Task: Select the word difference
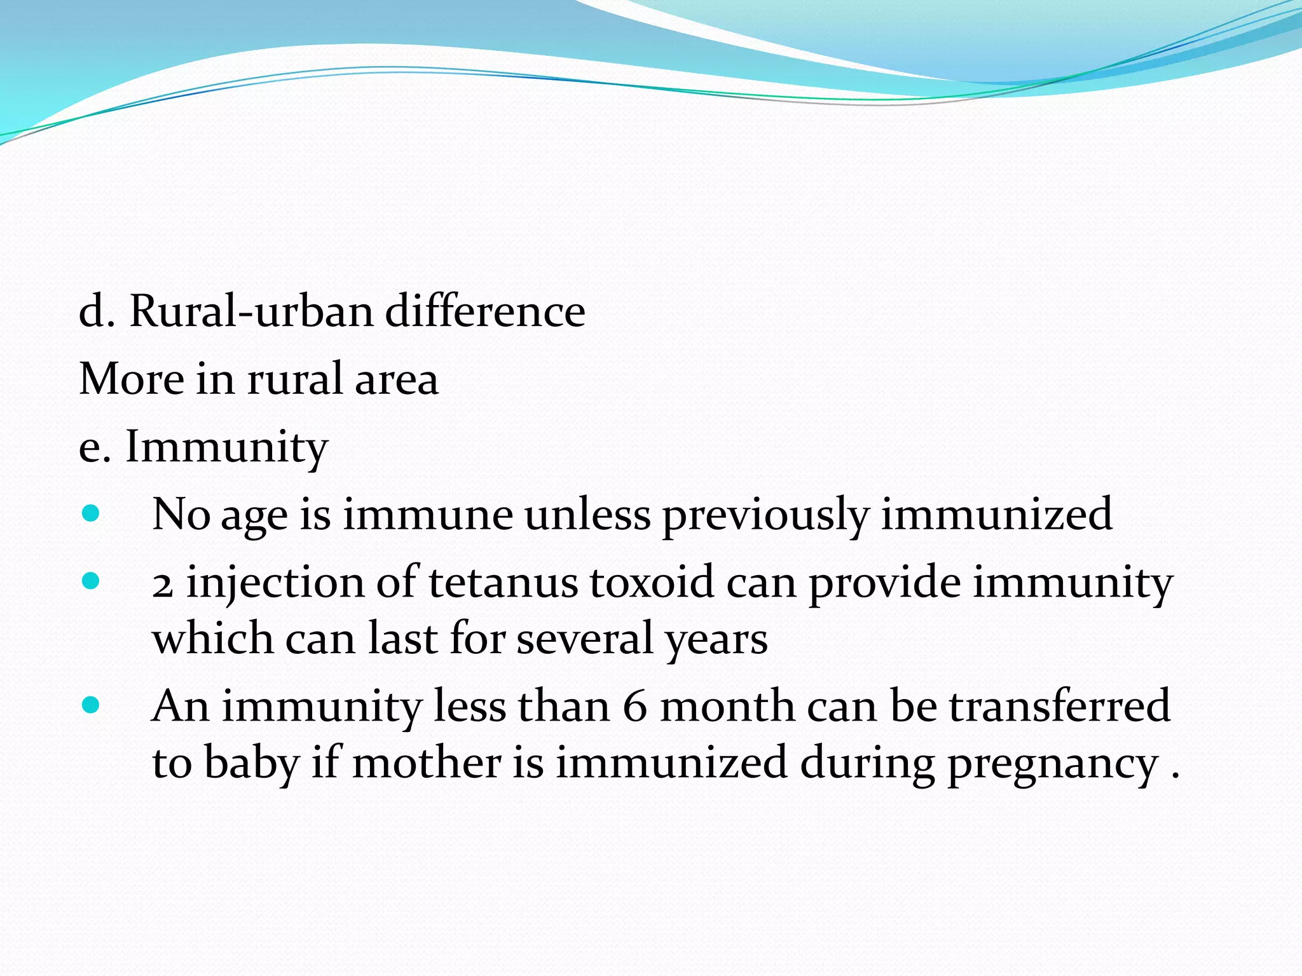coord(485,311)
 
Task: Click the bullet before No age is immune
coord(92,513)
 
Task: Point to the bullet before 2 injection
coord(92,581)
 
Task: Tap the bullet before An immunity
coord(92,705)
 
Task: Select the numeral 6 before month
coord(635,707)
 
